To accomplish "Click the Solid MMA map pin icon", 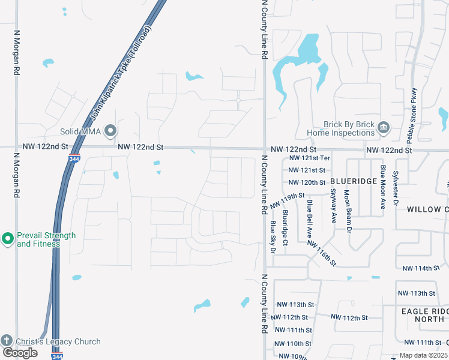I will coord(110,130).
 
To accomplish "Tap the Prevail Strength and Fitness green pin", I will coord(8,239).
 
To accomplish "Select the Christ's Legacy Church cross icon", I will coord(7,341).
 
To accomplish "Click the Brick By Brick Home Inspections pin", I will coord(384,127).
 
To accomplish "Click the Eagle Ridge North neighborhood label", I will coord(424,315).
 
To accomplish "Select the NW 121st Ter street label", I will coord(309,158).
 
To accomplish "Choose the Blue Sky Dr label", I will coord(273,236).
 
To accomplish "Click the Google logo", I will coord(20,353).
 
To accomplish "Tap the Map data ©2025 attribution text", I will coord(423,355).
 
